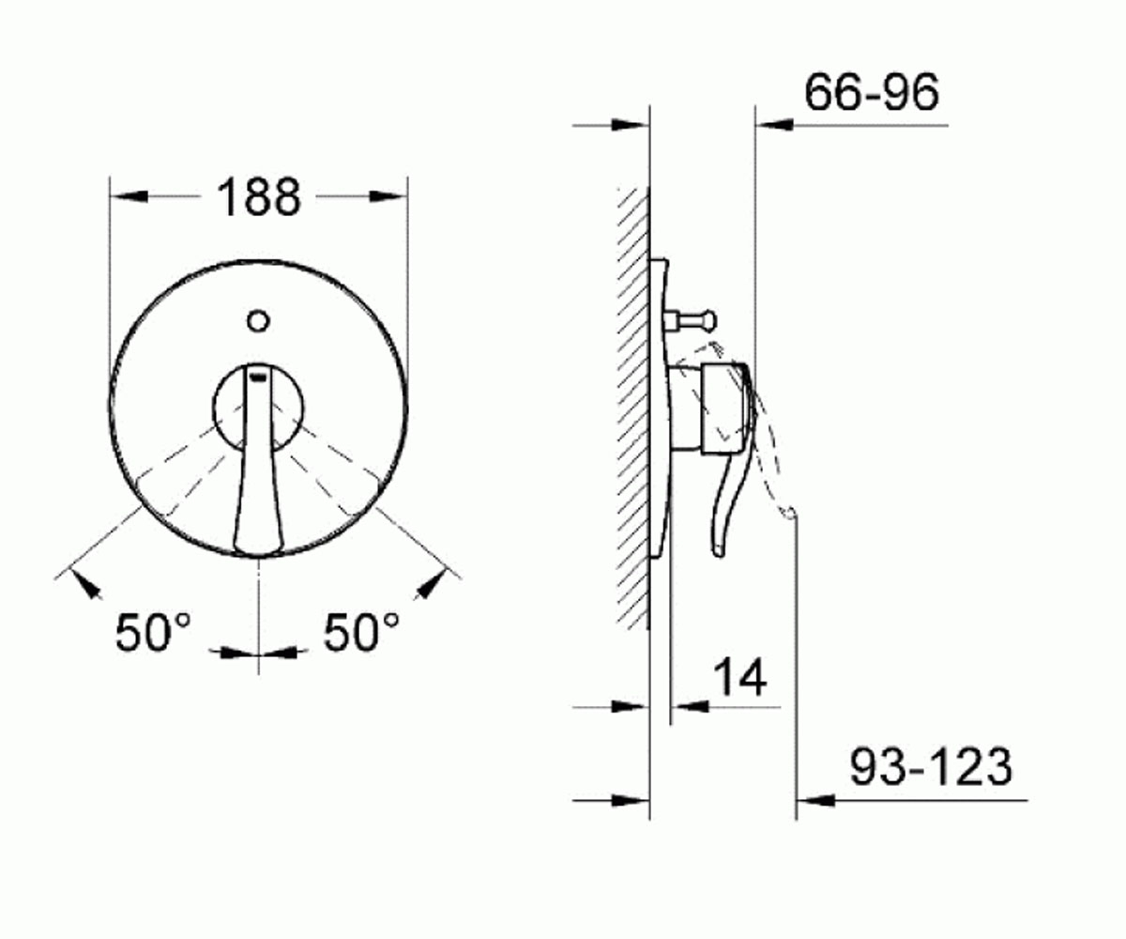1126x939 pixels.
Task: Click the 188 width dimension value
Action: click(x=258, y=198)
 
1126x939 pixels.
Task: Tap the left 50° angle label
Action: click(x=153, y=632)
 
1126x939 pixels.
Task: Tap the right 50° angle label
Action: click(x=361, y=632)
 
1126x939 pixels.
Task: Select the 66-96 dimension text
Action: click(x=872, y=93)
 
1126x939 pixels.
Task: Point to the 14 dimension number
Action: click(x=740, y=677)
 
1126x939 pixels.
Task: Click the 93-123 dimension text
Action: click(x=932, y=767)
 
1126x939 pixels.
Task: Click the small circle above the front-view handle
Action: click(x=258, y=322)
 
